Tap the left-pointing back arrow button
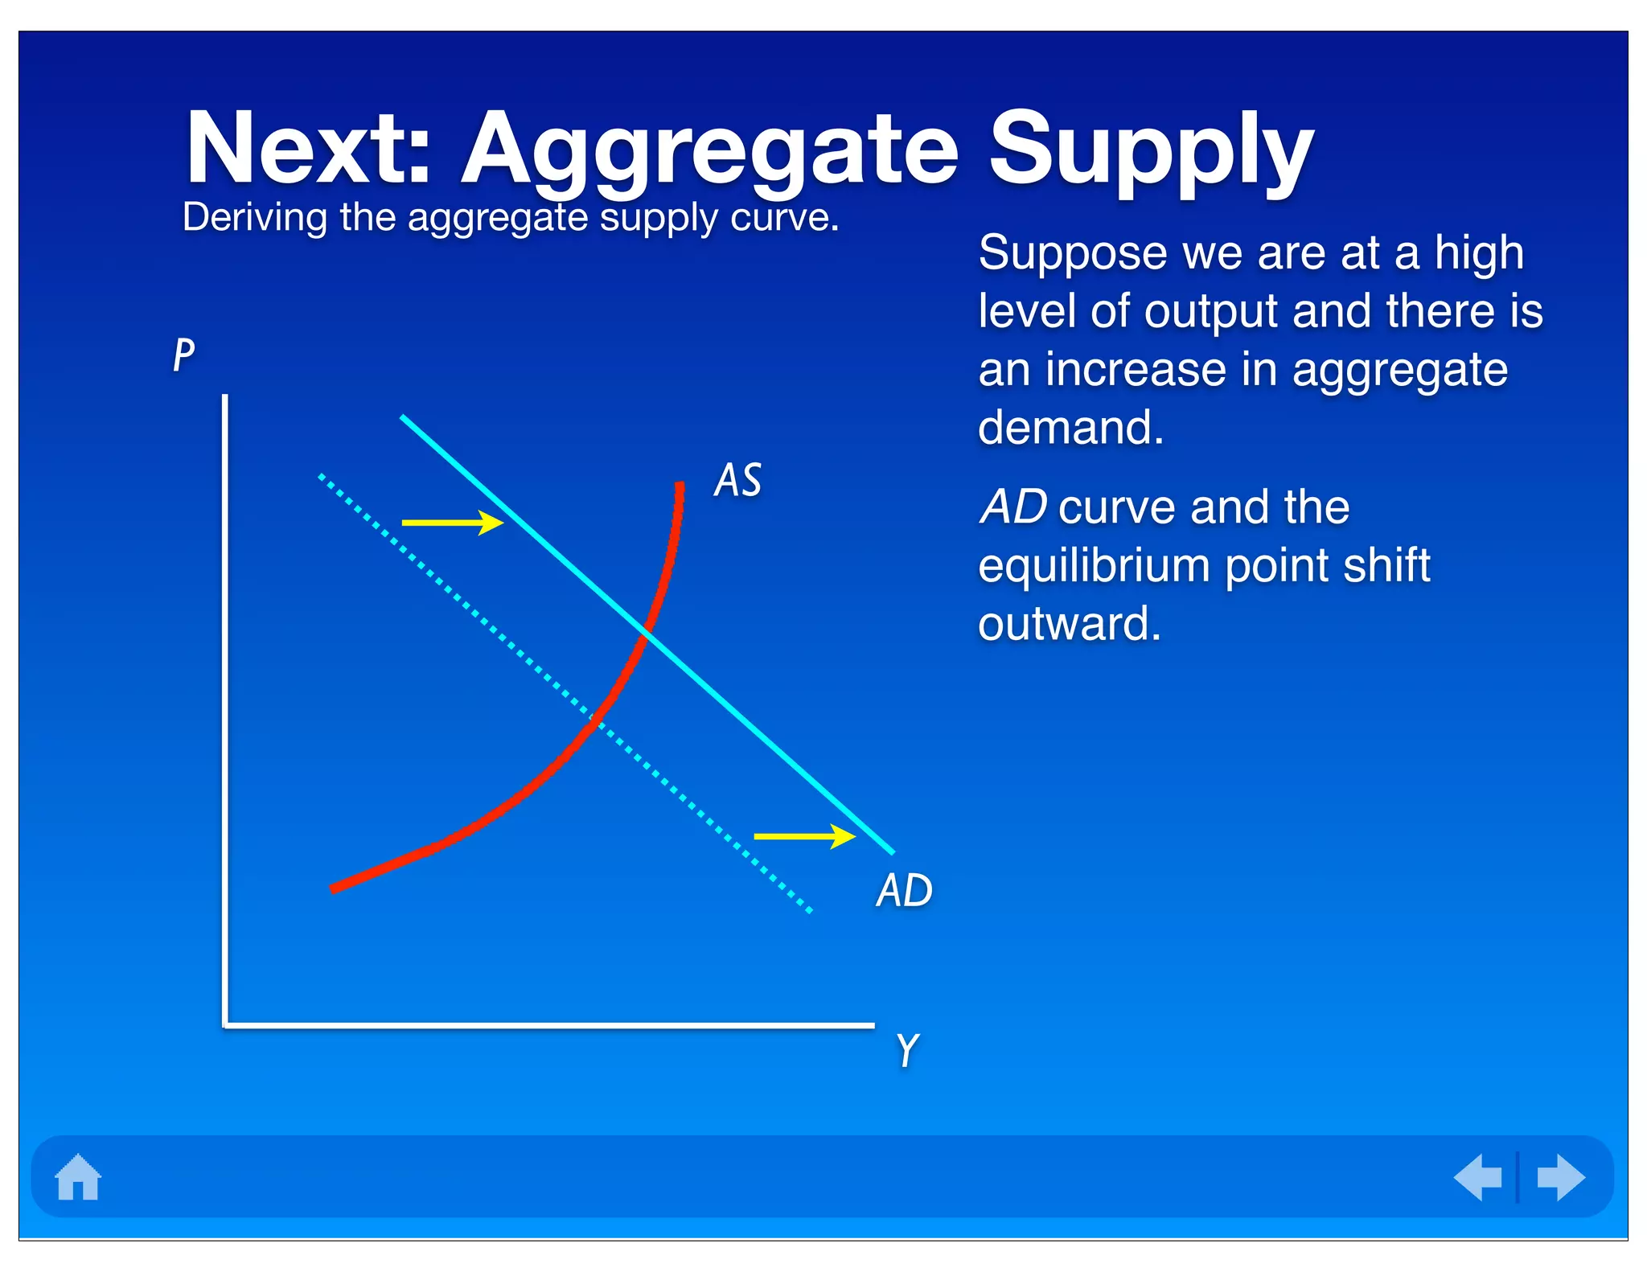coord(1478,1177)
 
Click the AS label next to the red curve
coord(737,480)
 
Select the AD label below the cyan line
coord(904,890)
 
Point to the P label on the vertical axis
coord(184,354)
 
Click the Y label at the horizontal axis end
coord(907,1049)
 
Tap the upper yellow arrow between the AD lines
coord(452,523)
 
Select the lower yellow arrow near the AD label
coord(804,836)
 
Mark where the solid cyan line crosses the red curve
coord(646,635)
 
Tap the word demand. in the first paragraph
coord(1070,427)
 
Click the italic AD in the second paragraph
coord(1013,507)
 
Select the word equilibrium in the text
coord(1094,565)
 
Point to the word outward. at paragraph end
coord(1070,623)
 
